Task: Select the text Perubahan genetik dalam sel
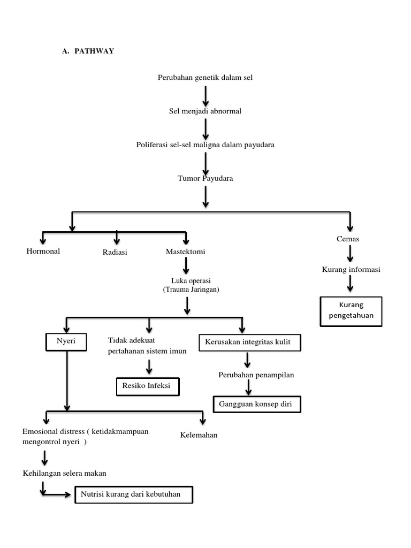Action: (205, 78)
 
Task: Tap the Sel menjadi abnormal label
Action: (205, 111)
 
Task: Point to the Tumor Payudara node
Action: (205, 178)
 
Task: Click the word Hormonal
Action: (43, 251)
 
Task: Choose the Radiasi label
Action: (115, 253)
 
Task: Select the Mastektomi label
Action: (185, 252)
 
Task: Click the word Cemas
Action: (348, 239)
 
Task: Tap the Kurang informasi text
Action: (351, 270)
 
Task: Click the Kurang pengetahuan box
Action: (351, 311)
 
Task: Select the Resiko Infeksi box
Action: (147, 386)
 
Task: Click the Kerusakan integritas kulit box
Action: (249, 342)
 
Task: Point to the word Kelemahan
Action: (199, 435)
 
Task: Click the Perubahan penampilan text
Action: (256, 375)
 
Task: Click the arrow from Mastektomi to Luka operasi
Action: (186, 266)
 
